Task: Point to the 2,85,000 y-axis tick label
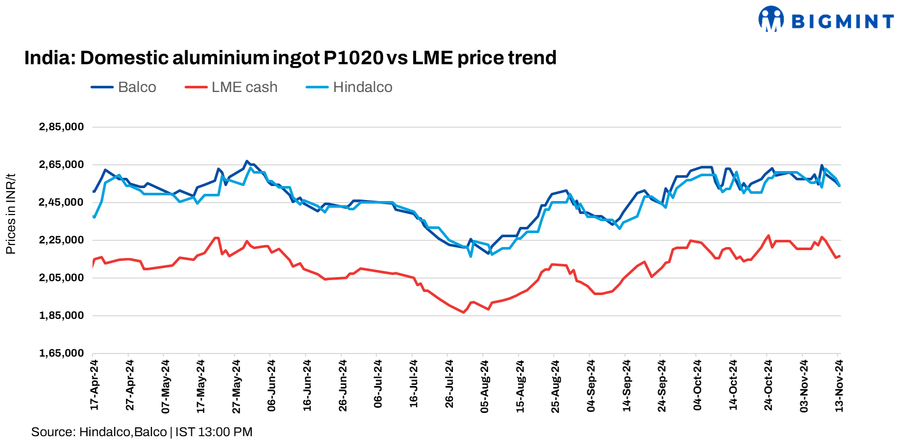coord(62,127)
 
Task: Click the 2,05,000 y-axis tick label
coord(62,278)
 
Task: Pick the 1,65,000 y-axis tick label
coord(62,353)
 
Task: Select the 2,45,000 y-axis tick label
coord(62,203)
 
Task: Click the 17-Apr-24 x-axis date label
coord(94,386)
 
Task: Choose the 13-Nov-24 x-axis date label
coord(839,386)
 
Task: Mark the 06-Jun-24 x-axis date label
coord(271,386)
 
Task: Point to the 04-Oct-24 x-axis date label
coord(697,386)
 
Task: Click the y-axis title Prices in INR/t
coord(11,214)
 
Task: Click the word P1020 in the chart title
coord(353,58)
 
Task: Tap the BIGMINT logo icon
coord(771,19)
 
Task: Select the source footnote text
coord(142,432)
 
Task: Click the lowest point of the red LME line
coord(463,312)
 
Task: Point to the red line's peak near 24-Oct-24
coord(768,236)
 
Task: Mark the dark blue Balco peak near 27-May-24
coord(247,161)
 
